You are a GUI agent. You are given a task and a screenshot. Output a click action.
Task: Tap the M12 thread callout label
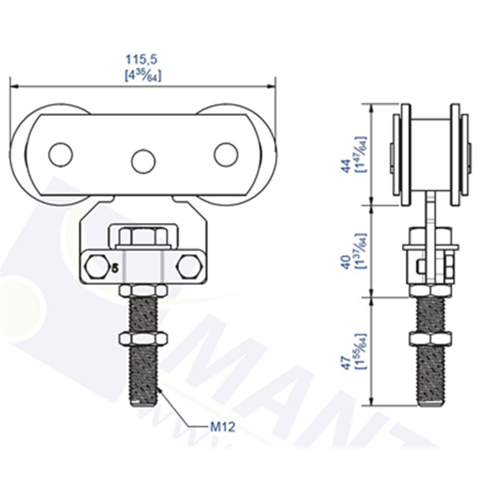[x=221, y=427]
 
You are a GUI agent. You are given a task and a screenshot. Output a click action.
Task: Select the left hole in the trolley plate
[x=60, y=155]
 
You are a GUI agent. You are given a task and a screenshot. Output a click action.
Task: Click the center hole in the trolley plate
[x=143, y=159]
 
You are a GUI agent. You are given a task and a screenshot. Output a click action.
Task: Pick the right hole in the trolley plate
[x=225, y=155]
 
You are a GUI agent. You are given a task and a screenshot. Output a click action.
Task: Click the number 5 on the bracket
[x=113, y=268]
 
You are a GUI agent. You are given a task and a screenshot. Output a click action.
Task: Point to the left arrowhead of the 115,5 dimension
[x=14, y=84]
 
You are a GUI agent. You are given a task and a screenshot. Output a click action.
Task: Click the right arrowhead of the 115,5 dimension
[x=271, y=84]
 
